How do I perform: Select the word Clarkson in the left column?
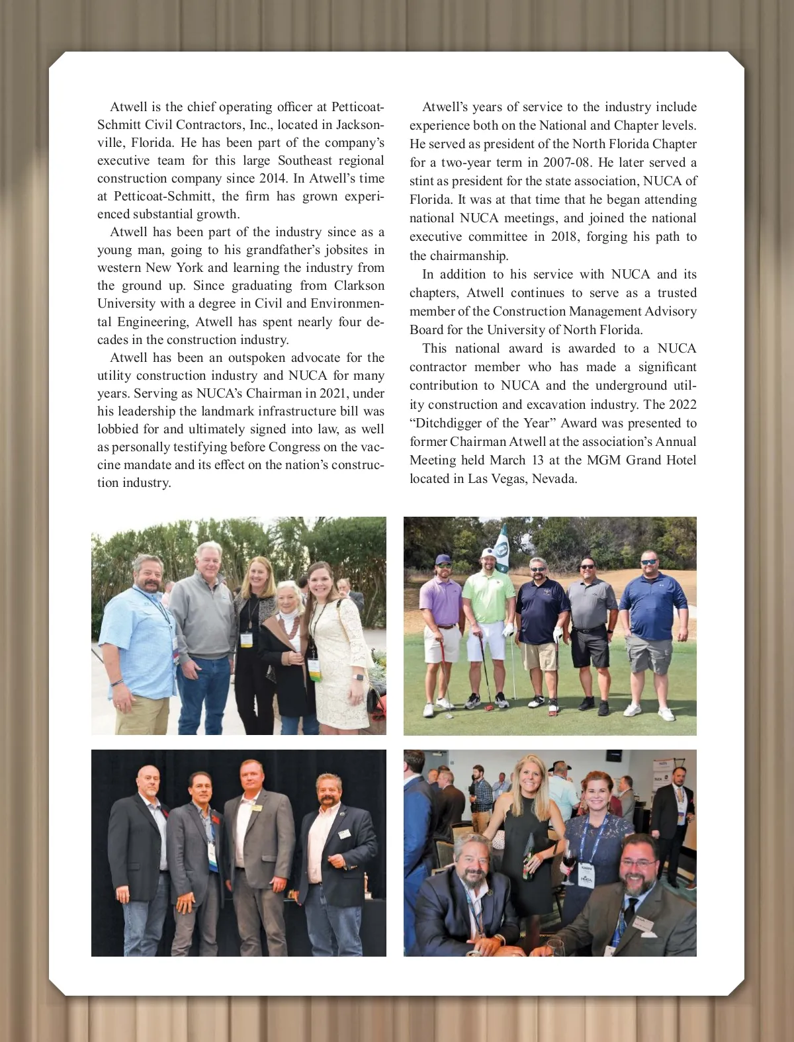(x=359, y=286)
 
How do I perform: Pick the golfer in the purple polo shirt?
(x=440, y=629)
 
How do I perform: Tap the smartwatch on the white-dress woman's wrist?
(x=358, y=677)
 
